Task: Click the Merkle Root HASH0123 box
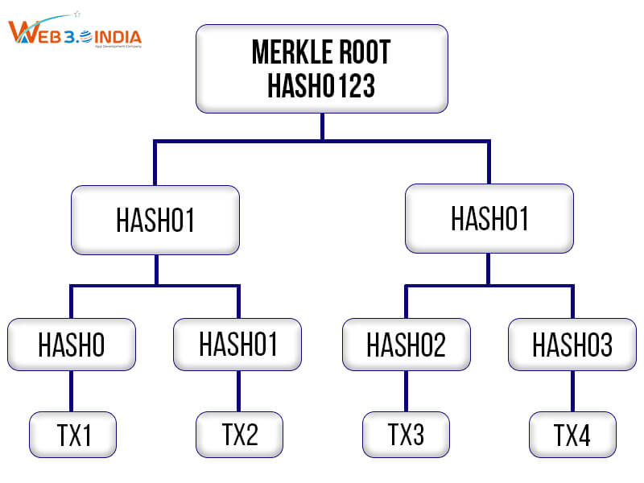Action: tap(322, 68)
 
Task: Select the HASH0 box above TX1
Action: tap(72, 345)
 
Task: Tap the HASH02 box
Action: tap(406, 345)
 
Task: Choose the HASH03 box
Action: tap(572, 345)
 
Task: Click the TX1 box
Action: tap(73, 435)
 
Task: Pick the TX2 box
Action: tap(240, 435)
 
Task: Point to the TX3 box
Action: tap(406, 435)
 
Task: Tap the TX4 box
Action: tap(572, 435)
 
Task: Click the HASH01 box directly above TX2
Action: tap(238, 345)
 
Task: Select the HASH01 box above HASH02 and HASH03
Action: tap(489, 219)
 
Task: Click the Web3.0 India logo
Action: tap(74, 34)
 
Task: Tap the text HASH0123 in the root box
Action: tap(322, 85)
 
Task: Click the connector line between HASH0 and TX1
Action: tap(72, 391)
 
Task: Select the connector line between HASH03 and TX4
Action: tap(572, 391)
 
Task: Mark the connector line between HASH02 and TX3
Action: tap(406, 391)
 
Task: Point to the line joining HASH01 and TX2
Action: tap(238, 391)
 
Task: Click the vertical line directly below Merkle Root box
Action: tap(322, 126)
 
